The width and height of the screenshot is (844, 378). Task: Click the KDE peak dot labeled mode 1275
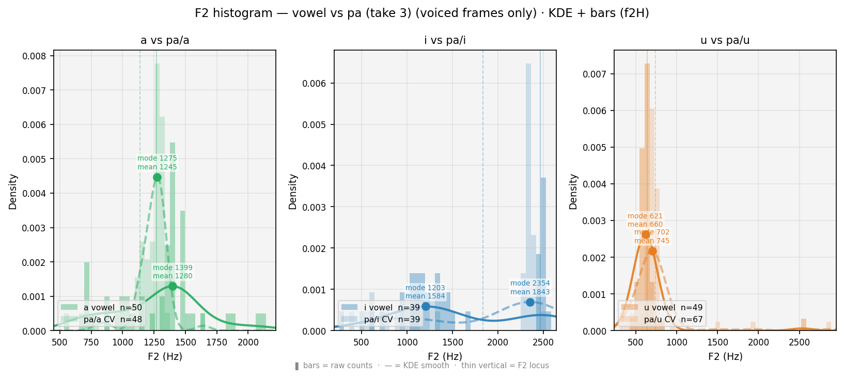click(157, 178)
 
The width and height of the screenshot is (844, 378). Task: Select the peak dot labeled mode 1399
click(173, 287)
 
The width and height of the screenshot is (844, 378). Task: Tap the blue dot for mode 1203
click(426, 306)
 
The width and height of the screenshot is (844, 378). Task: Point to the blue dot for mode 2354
click(530, 302)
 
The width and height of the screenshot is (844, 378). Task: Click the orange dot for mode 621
click(646, 235)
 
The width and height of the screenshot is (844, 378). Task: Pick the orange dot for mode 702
click(652, 251)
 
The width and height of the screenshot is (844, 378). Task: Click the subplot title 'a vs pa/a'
click(165, 40)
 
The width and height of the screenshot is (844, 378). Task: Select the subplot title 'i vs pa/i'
click(445, 40)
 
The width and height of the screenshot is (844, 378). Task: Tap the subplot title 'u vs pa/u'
click(725, 40)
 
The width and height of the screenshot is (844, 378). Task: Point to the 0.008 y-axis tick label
click(34, 56)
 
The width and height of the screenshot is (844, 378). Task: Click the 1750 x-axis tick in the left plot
click(216, 342)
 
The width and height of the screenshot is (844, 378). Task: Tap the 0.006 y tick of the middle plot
click(314, 83)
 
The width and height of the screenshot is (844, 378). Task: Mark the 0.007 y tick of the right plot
click(595, 74)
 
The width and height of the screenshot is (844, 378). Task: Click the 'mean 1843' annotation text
click(530, 292)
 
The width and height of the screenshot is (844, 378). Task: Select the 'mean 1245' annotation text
click(157, 167)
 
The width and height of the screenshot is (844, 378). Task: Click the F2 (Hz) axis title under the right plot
click(725, 356)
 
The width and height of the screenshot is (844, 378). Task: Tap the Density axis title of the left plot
click(13, 192)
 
